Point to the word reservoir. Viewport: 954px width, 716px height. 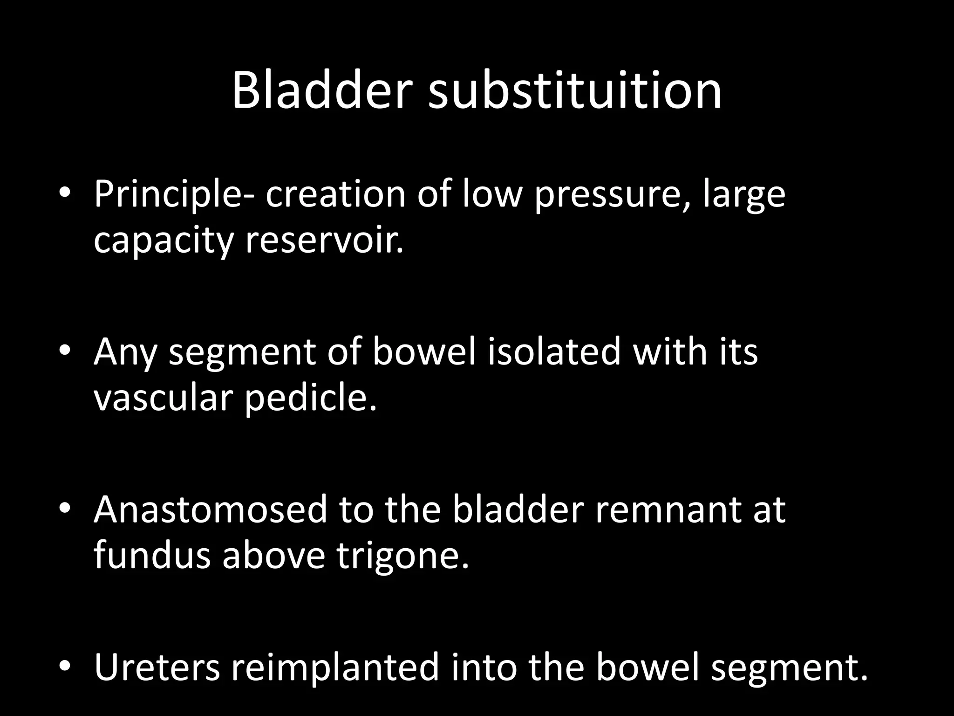point(324,241)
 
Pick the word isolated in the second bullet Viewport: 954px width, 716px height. point(554,352)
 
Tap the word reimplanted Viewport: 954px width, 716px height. point(335,667)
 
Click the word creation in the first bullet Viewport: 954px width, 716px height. point(335,195)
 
